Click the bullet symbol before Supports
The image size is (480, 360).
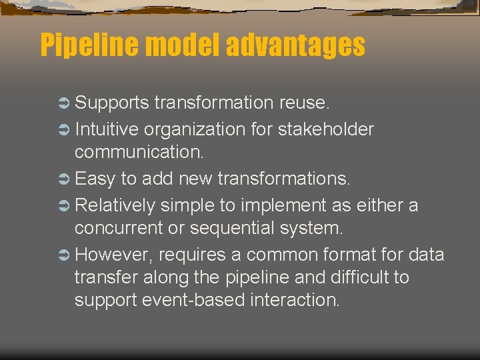point(65,103)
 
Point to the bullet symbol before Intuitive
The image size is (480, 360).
point(65,129)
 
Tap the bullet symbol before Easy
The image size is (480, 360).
point(65,179)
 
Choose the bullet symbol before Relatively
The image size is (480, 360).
point(65,205)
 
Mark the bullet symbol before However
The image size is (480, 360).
point(65,255)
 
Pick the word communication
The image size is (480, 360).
point(139,152)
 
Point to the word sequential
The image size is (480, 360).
point(233,228)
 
